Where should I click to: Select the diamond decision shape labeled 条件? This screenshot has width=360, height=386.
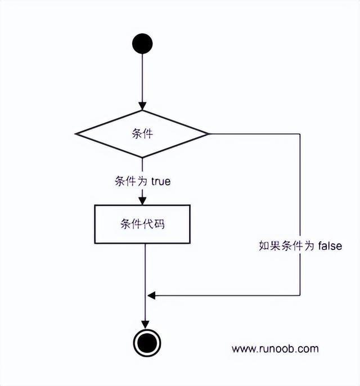point(142,134)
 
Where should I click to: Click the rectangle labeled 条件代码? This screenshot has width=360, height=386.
point(142,223)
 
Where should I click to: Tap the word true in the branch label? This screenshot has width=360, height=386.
point(161,182)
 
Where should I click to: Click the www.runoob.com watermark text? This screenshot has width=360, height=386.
point(275,349)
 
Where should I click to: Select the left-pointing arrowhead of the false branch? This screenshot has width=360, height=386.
point(151,295)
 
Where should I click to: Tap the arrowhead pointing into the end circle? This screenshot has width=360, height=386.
point(145,325)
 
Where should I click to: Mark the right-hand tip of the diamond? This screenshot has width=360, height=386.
point(208,134)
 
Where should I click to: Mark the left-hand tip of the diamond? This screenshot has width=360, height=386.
point(76,134)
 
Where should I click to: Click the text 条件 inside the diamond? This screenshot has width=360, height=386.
point(142,134)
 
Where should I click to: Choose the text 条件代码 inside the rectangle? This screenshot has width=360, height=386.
point(142,223)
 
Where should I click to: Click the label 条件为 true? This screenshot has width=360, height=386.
point(142,182)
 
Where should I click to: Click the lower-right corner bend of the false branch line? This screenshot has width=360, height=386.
point(300,295)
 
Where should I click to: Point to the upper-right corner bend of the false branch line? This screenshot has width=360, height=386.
point(300,134)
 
